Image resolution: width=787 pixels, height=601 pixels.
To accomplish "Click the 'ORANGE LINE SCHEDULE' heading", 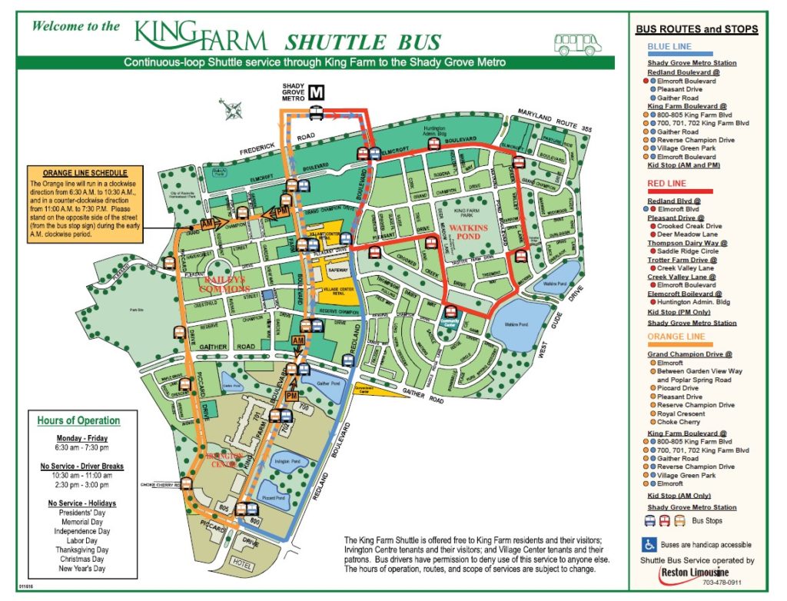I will pos(85,173).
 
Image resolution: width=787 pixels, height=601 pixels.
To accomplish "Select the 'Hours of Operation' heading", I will pos(78,420).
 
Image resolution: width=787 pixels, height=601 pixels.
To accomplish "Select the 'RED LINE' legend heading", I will pos(666,184).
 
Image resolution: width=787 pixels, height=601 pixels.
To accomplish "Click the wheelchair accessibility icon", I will pos(647,545).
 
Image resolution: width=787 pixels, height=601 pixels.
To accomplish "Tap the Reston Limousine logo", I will pos(696,574).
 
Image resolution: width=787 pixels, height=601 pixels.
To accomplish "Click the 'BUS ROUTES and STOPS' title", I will pos(697,29).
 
